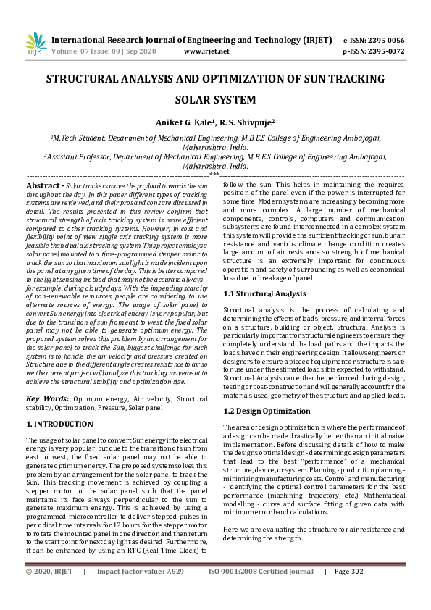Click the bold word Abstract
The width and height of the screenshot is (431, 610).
point(43,186)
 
